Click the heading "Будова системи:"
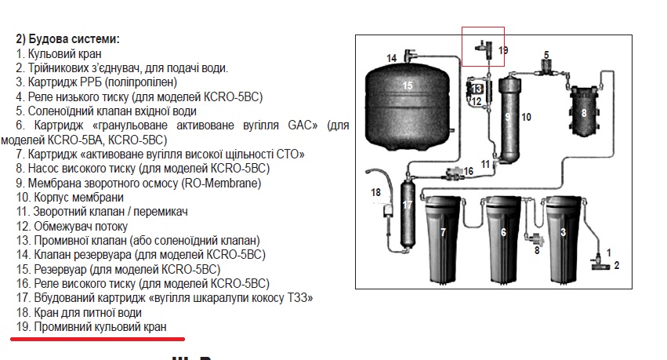click(x=74, y=39)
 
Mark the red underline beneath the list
click(x=98, y=339)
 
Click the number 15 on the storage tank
click(x=408, y=85)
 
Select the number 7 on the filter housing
click(x=444, y=232)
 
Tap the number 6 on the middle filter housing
click(x=504, y=232)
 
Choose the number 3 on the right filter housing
click(x=564, y=232)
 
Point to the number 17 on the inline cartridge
click(x=408, y=205)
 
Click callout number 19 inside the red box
click(x=503, y=50)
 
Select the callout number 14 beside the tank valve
click(x=391, y=58)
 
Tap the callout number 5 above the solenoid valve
click(x=546, y=55)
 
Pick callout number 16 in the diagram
click(x=469, y=171)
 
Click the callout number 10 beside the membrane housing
click(x=526, y=117)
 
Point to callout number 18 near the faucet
click(x=375, y=192)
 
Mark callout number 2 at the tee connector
click(x=617, y=266)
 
